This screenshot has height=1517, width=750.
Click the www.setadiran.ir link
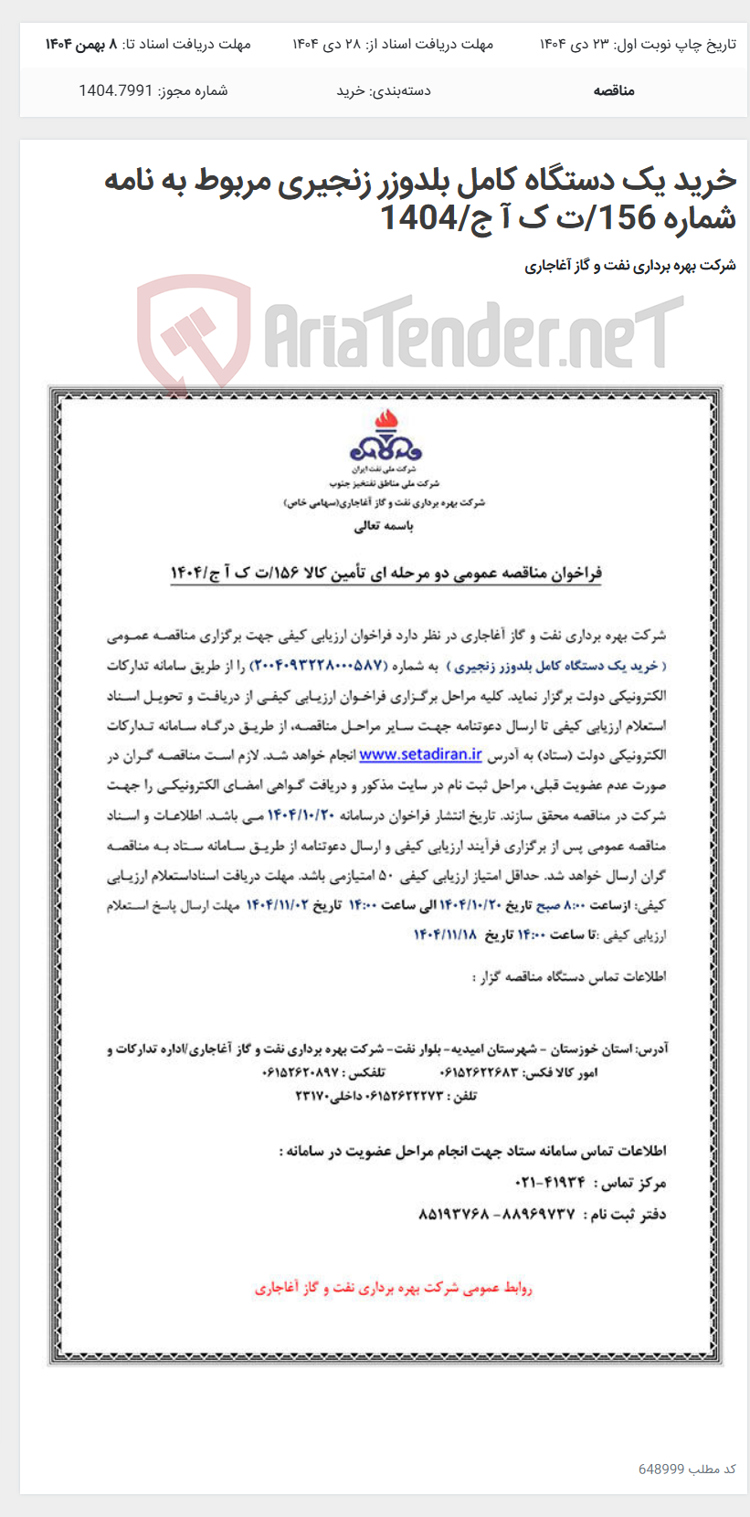click(x=420, y=754)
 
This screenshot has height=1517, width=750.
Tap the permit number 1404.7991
click(x=115, y=90)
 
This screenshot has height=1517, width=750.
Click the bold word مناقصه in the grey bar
click(x=613, y=90)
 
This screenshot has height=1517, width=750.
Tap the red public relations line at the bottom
click(x=393, y=1288)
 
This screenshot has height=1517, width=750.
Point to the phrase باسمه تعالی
click(x=384, y=526)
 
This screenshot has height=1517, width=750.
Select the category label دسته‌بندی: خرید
click(x=384, y=90)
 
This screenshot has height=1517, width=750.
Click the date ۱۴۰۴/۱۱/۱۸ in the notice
click(x=446, y=934)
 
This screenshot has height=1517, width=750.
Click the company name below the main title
click(x=629, y=266)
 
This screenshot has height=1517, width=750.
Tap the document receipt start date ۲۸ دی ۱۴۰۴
click(x=329, y=44)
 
